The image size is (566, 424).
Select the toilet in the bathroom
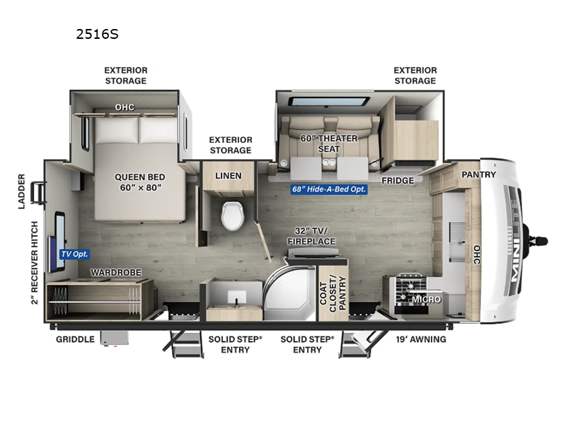click(232, 215)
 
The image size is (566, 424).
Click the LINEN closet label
click(228, 176)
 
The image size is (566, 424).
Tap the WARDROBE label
click(115, 272)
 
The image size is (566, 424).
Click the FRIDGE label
click(398, 181)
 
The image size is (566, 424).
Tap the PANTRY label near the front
click(479, 175)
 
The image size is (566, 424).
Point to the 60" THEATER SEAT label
click(328, 143)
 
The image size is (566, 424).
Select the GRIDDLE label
click(76, 339)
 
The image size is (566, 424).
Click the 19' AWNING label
click(422, 339)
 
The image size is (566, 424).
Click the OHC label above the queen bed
click(125, 107)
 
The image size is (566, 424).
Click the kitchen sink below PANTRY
click(456, 231)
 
